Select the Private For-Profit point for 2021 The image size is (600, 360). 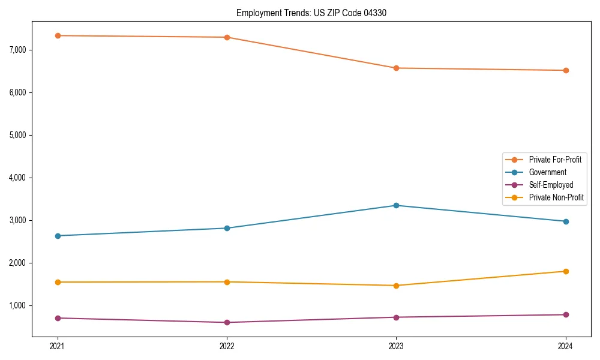[x=58, y=35]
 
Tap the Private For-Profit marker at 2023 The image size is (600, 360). [x=396, y=68]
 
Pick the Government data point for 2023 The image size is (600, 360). [x=396, y=205]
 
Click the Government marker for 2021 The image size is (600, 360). [x=58, y=236]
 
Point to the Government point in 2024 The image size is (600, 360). [x=566, y=221]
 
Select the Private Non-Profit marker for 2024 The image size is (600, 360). [x=566, y=271]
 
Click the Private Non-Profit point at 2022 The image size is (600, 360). [x=227, y=282]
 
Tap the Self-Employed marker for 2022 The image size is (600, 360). [x=227, y=322]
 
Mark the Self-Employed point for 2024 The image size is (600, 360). [x=566, y=314]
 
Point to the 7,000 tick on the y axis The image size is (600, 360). [x=16, y=50]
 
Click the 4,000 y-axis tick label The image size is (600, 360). [x=16, y=178]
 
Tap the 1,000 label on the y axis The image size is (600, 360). [x=16, y=305]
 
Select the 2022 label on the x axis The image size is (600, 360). [x=227, y=346]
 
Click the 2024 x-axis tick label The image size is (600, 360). [x=566, y=346]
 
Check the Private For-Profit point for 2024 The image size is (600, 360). [x=566, y=70]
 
